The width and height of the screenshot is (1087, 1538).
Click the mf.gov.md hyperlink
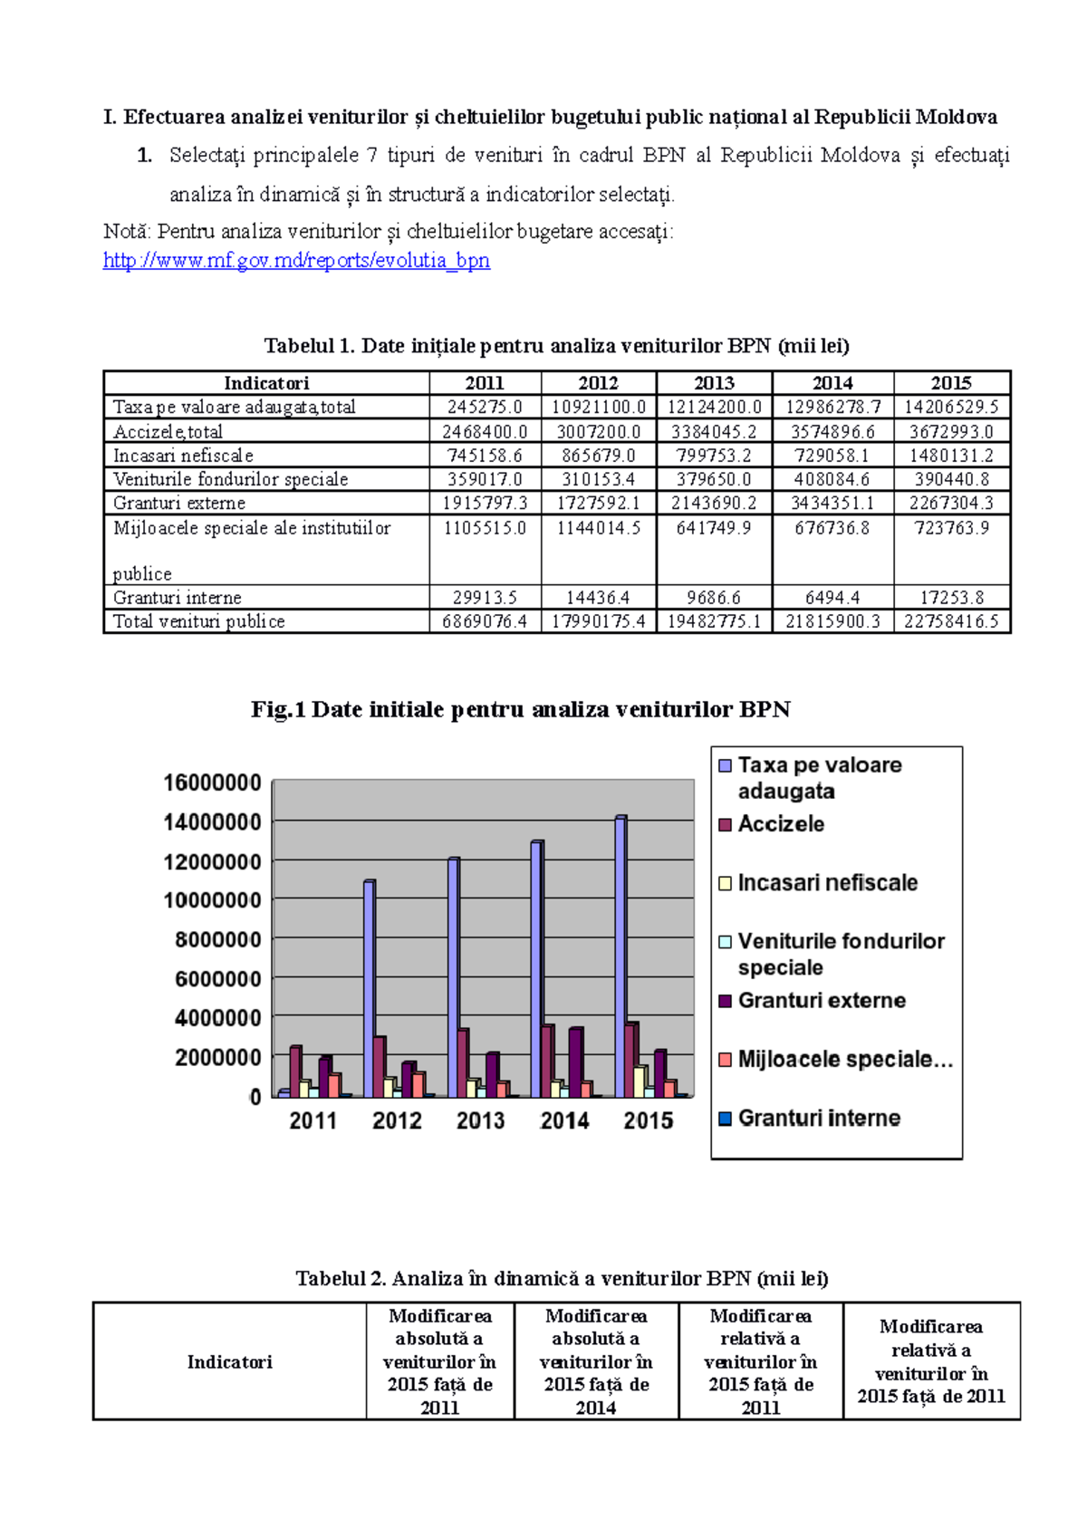click(296, 261)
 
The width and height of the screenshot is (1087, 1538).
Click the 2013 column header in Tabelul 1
click(714, 383)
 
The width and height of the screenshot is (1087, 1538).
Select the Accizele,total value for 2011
click(485, 432)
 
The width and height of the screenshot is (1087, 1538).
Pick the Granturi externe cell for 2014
click(832, 503)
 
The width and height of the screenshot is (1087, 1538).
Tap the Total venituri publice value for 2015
click(951, 621)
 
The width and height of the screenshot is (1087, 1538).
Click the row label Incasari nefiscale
click(183, 456)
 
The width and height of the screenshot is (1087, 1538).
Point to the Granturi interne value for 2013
click(714, 598)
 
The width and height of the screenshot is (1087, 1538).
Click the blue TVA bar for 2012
click(369, 987)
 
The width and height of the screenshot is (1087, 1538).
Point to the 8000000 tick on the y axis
click(217, 939)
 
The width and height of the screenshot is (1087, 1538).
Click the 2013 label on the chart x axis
click(480, 1121)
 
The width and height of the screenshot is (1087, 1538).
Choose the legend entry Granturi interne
click(818, 1119)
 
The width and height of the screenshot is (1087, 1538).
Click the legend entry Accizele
click(780, 824)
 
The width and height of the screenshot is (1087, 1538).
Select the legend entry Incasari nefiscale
click(826, 883)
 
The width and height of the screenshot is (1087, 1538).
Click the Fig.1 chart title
click(520, 709)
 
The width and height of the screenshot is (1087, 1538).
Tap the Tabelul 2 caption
click(562, 1279)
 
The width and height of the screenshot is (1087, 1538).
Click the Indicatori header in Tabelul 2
click(229, 1362)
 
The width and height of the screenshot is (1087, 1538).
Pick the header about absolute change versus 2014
click(596, 1361)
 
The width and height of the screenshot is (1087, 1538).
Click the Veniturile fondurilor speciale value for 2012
click(598, 479)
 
